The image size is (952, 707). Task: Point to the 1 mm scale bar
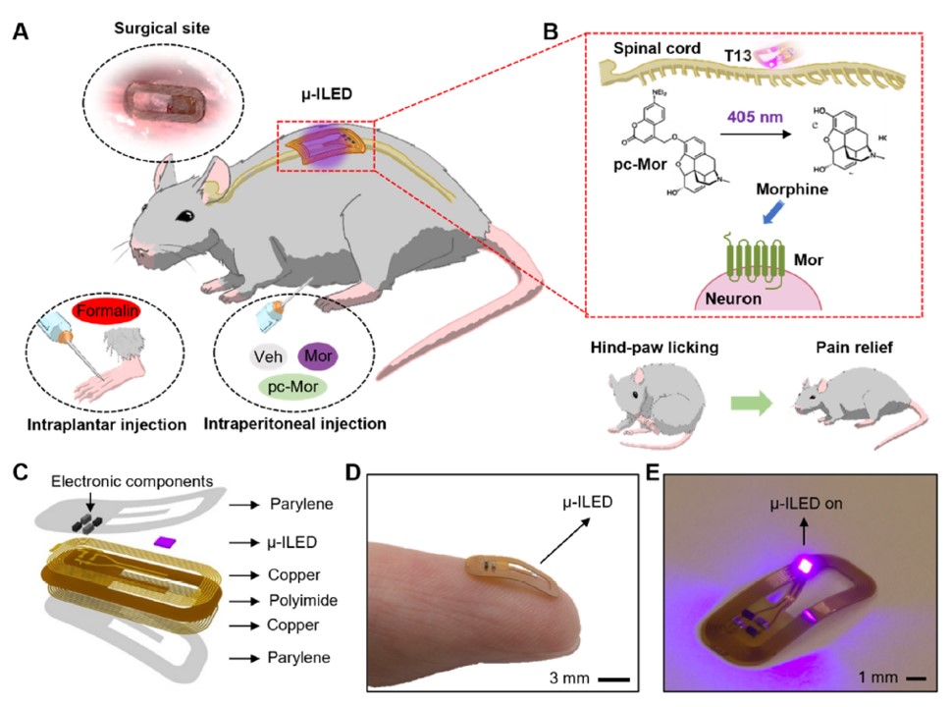(912, 679)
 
